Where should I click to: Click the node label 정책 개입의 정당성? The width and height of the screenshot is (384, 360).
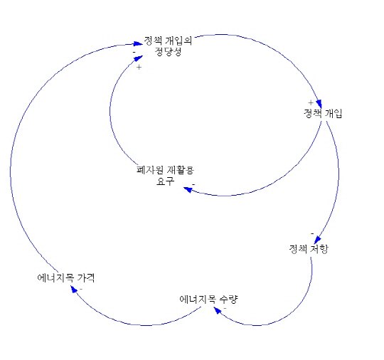coord(168,46)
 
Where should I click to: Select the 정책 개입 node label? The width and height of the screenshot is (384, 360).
coord(323,113)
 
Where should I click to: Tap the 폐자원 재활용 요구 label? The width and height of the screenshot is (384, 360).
coord(165,176)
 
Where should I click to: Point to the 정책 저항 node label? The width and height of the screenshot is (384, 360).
coord(309,249)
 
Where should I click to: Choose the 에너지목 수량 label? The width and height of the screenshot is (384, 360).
coord(208,300)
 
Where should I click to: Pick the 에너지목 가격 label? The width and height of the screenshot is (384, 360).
coord(66,277)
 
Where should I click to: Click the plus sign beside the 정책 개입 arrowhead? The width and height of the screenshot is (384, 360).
coord(311,102)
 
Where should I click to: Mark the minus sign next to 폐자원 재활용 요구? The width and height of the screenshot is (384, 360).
coord(193,184)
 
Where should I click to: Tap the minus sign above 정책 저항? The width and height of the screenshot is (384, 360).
coord(312,233)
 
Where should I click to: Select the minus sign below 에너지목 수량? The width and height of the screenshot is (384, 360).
coord(225,308)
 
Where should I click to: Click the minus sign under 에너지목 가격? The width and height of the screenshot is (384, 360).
coord(81,289)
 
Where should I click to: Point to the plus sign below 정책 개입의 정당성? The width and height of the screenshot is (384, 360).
coord(139,67)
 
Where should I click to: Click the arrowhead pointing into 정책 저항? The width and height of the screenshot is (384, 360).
coord(318,240)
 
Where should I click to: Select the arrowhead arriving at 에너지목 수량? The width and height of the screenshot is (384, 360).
coord(218,310)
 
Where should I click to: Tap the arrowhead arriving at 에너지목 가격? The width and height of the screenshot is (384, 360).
coord(74,289)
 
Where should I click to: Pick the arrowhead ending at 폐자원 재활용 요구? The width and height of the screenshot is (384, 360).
coord(188,189)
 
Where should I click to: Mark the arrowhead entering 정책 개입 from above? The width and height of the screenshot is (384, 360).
coord(319,104)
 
